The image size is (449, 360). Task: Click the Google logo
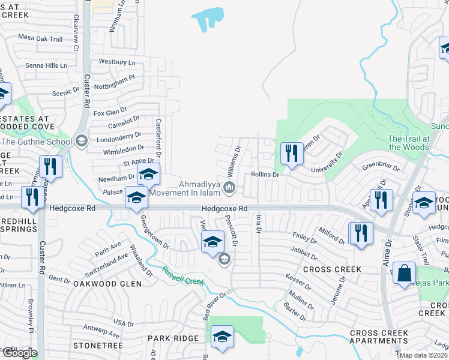pos(19,353)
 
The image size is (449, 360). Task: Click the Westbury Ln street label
pos(116,62)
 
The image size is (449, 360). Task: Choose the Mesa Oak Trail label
pos(40,39)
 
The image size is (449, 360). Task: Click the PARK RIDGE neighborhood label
pos(173,338)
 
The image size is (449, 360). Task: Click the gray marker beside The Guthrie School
pos(81,142)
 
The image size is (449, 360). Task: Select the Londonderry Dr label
pos(118,136)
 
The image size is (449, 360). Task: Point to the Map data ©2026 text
pos(424,355)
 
